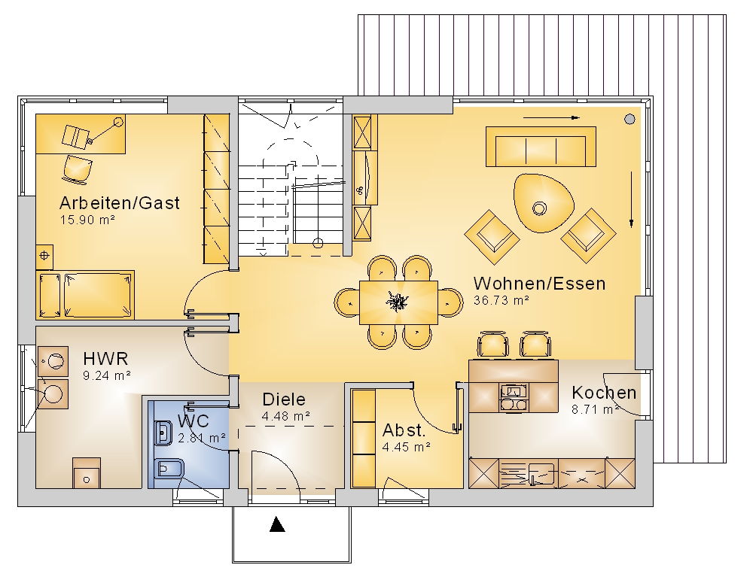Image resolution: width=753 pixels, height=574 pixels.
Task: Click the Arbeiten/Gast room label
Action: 120,203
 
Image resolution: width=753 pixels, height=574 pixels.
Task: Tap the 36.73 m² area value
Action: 501,300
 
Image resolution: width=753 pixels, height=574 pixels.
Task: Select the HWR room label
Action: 105,359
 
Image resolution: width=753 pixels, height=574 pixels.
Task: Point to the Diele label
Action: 284,399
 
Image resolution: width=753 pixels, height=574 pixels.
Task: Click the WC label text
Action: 193,421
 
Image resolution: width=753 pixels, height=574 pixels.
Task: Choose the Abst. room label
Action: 404,430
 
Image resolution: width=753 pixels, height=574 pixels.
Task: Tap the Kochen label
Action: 604,393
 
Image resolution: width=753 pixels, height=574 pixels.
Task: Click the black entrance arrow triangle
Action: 277,524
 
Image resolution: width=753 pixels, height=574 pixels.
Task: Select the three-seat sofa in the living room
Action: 541,147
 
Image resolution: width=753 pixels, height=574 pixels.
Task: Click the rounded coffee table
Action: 544,202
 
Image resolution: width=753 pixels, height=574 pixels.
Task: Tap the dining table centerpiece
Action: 397,302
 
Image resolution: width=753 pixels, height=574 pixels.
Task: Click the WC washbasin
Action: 163,433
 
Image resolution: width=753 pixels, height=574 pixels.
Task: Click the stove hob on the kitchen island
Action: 514,398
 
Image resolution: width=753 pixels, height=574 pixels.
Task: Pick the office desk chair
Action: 78,169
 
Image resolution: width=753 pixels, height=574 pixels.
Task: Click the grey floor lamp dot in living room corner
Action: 630,119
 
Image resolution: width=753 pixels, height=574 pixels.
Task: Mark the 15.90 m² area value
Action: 87,220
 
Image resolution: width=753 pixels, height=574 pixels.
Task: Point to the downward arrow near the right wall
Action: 631,199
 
